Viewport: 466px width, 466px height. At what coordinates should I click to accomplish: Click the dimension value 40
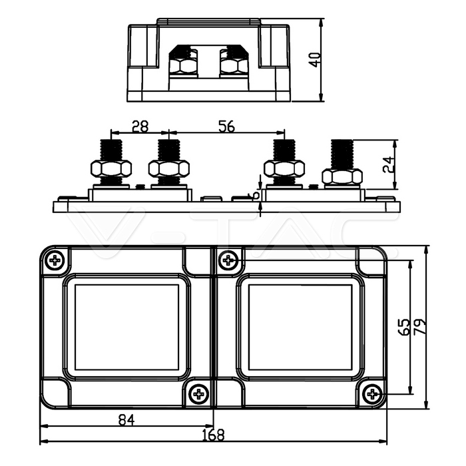(316, 59)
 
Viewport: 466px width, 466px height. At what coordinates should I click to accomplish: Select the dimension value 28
(140, 126)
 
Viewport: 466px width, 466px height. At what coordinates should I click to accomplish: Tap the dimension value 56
(226, 126)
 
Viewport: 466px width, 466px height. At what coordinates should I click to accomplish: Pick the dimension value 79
(419, 327)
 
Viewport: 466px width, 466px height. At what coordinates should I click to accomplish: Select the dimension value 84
(126, 419)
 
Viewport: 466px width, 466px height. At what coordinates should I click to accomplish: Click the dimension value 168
(213, 435)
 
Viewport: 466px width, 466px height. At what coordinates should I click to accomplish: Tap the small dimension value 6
(252, 195)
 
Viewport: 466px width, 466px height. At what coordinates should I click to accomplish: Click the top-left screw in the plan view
(55, 260)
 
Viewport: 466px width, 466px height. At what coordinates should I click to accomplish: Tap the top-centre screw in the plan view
(228, 260)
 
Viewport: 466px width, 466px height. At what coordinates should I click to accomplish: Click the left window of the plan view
(126, 327)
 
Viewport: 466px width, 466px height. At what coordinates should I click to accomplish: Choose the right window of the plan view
(300, 327)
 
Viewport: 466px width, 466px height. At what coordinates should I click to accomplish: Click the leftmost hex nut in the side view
(110, 168)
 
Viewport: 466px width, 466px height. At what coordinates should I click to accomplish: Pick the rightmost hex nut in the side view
(342, 176)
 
